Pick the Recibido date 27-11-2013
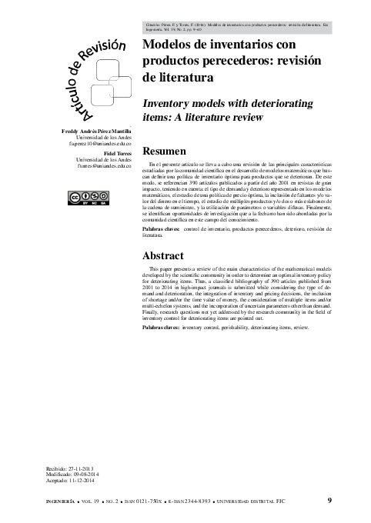pos(88,467)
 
